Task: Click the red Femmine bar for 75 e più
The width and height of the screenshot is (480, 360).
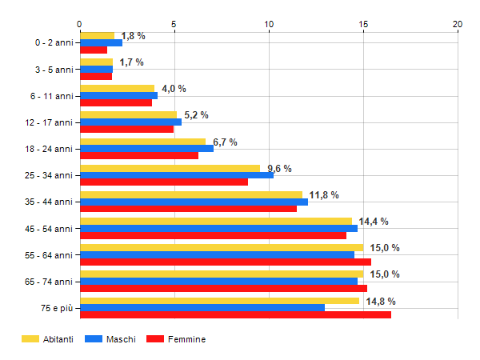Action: pos(235,314)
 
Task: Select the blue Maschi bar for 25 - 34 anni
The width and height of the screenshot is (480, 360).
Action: pos(177,175)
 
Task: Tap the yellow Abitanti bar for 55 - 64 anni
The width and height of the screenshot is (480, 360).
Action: pos(222,247)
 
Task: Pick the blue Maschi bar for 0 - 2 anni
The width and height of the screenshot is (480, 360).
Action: pos(101,42)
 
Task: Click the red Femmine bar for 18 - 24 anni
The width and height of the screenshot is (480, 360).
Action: pos(139,155)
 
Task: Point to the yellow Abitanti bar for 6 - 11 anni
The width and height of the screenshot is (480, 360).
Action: pos(118,89)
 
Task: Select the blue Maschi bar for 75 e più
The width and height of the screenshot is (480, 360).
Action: pos(202,308)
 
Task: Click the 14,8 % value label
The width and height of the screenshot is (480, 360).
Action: pos(381,302)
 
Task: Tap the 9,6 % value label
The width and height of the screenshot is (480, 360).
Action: pos(279,169)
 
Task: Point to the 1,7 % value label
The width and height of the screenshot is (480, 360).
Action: pos(132,62)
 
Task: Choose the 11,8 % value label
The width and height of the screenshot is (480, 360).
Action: pos(324,195)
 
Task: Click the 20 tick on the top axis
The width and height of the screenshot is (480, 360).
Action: pos(458,24)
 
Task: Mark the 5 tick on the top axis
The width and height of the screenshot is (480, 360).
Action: pos(174,24)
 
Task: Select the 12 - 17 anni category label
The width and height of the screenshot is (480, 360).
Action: pos(49,122)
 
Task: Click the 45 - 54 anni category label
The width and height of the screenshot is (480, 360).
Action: pos(49,229)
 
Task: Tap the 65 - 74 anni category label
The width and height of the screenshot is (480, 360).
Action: pos(49,282)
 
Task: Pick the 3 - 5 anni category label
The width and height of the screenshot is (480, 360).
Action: pos(54,70)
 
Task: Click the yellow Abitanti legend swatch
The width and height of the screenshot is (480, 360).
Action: pos(30,339)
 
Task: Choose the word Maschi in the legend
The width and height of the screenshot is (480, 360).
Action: pos(121,339)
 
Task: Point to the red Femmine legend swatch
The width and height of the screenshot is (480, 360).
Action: pos(155,339)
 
